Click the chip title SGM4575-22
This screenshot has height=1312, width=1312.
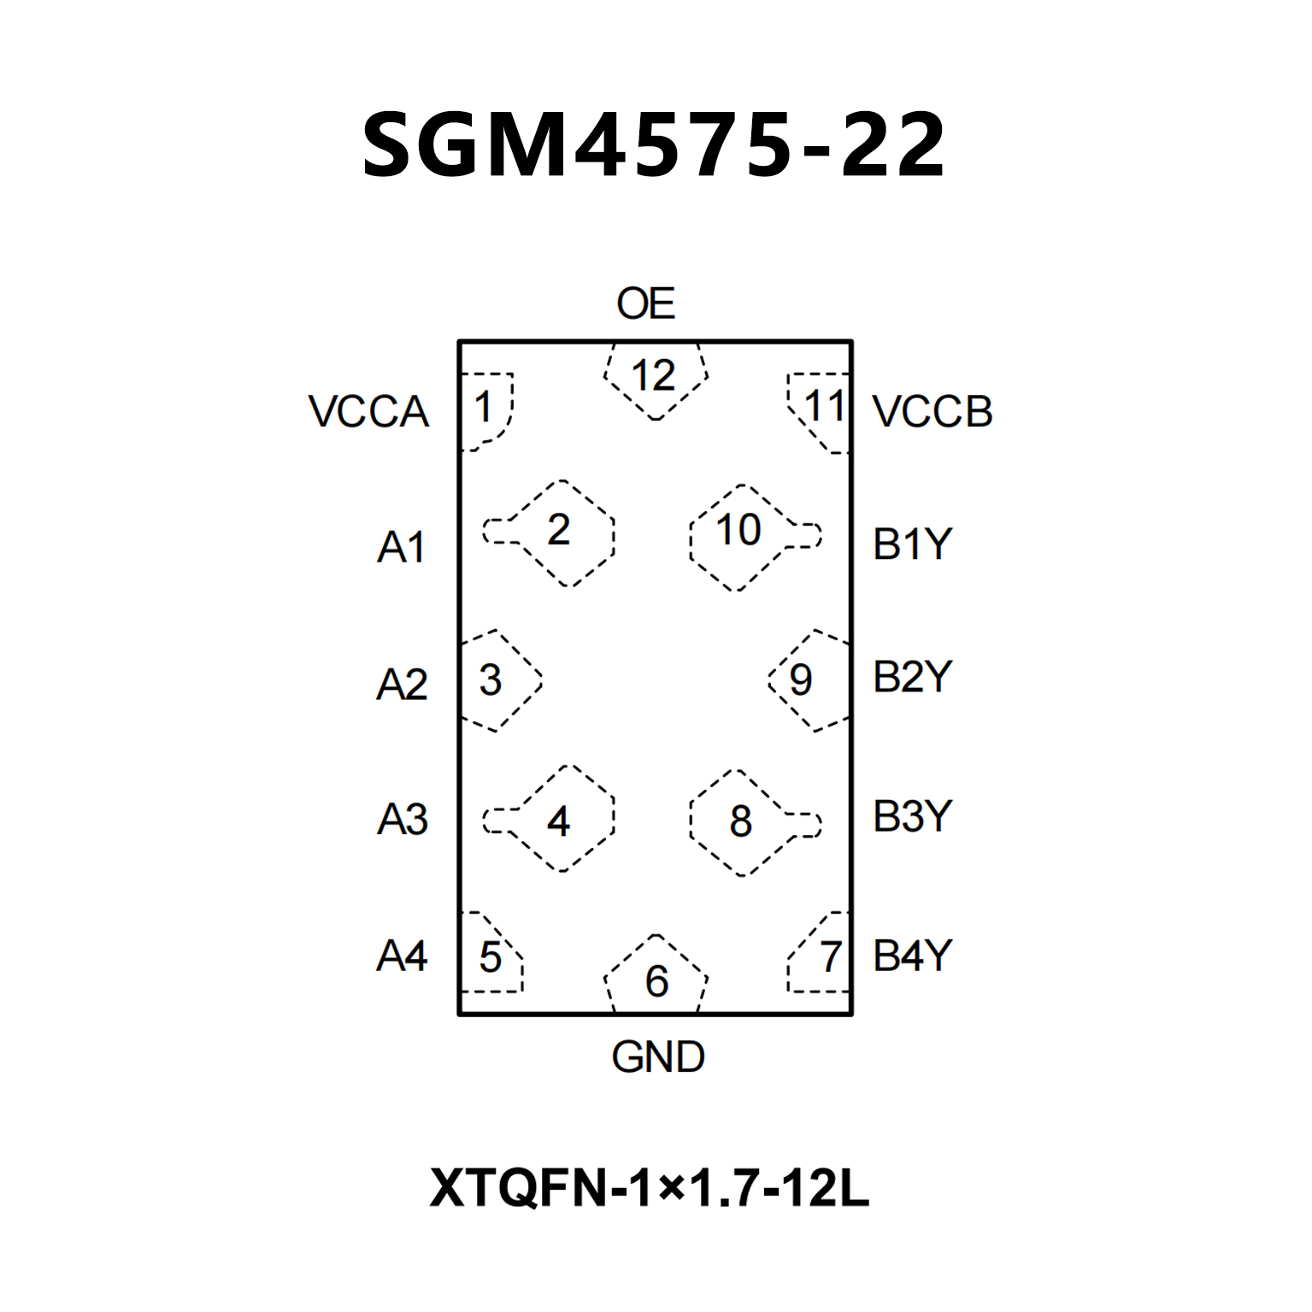point(655,145)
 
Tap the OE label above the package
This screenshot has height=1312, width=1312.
point(645,304)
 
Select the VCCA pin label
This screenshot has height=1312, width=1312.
point(368,411)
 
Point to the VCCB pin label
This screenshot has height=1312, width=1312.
point(933,411)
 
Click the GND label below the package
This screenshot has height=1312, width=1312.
point(657,1057)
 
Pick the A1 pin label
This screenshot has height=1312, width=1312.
point(401,546)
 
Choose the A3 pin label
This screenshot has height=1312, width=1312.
point(402,819)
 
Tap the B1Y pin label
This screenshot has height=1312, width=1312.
point(912,544)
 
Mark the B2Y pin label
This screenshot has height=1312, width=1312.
point(912,677)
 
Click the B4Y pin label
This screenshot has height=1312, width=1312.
point(912,956)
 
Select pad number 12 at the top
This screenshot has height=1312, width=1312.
point(654,376)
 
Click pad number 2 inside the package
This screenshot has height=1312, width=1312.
point(559,531)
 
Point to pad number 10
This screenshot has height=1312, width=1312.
point(738,531)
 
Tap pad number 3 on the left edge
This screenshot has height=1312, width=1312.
point(491,680)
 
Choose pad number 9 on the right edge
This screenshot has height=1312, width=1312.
point(801,680)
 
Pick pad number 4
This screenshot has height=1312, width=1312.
point(559,821)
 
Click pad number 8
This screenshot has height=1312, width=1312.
point(740,821)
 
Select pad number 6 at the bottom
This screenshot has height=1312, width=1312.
point(656,981)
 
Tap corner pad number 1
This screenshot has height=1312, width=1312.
point(484,408)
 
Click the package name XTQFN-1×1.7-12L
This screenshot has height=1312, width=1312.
point(650,1188)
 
